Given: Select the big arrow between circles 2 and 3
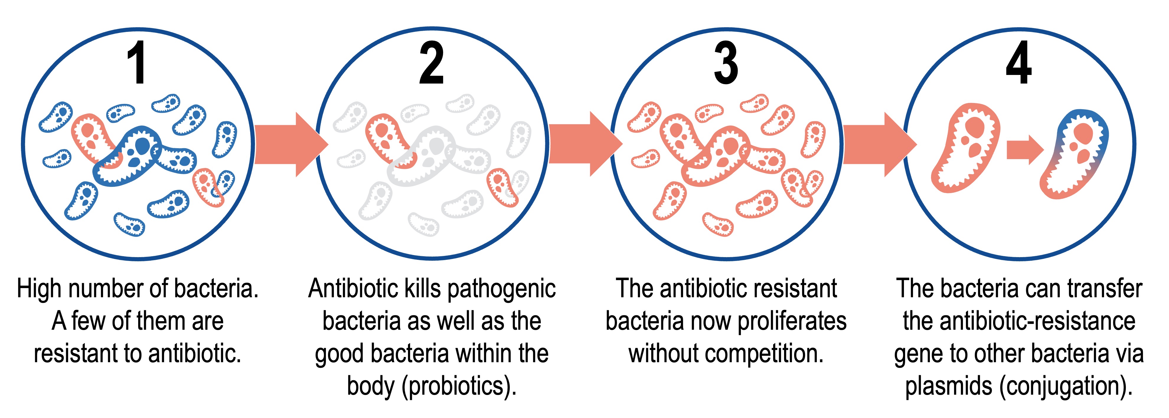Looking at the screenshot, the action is click(x=585, y=144).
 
